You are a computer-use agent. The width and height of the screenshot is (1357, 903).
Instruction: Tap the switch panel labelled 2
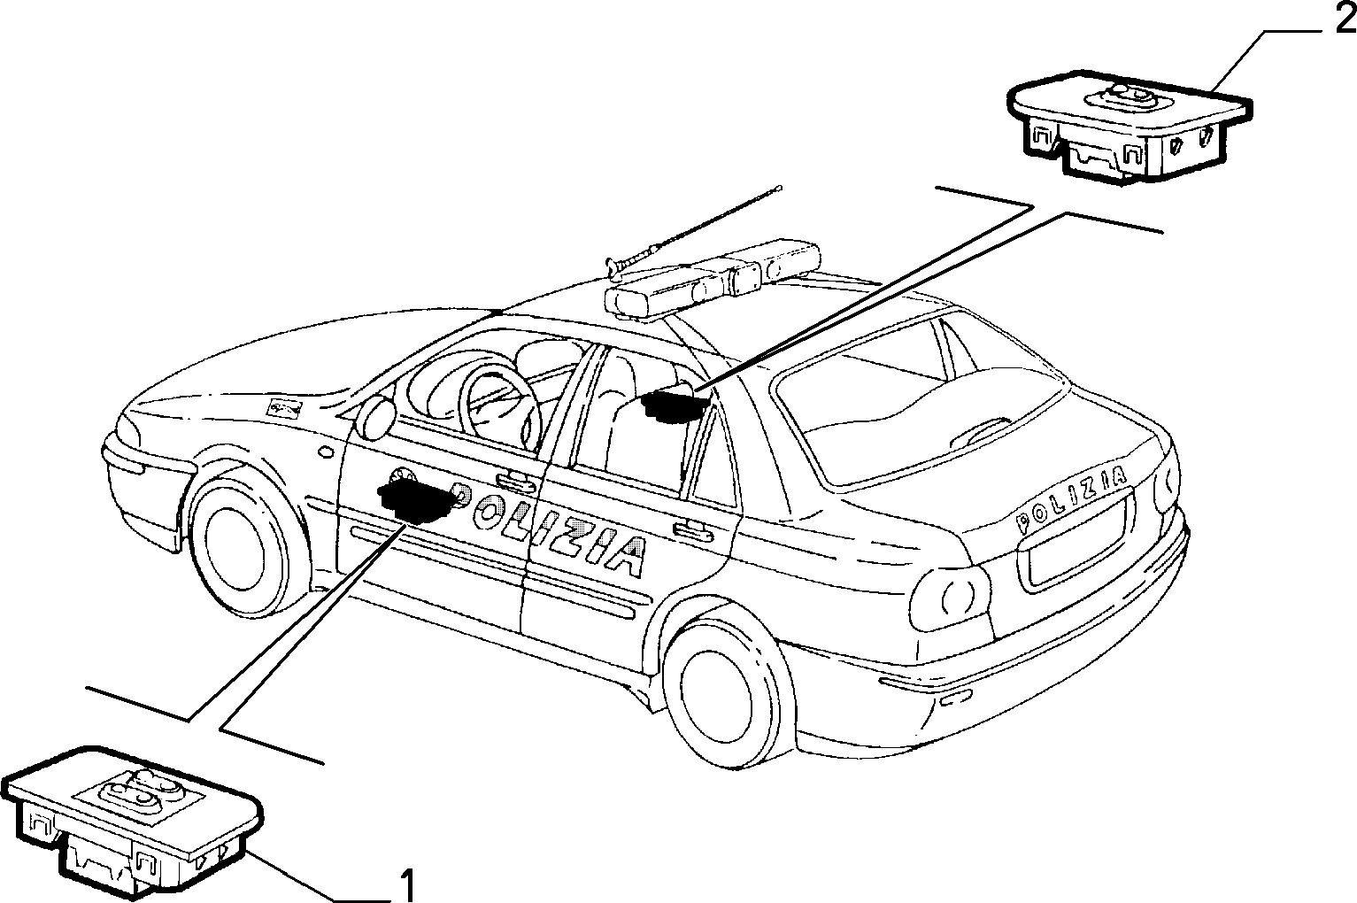click(1130, 124)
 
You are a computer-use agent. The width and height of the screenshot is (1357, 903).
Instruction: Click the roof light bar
click(715, 280)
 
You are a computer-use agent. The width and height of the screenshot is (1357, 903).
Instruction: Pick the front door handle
click(515, 482)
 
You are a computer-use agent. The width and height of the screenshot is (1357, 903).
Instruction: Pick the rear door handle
click(692, 530)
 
